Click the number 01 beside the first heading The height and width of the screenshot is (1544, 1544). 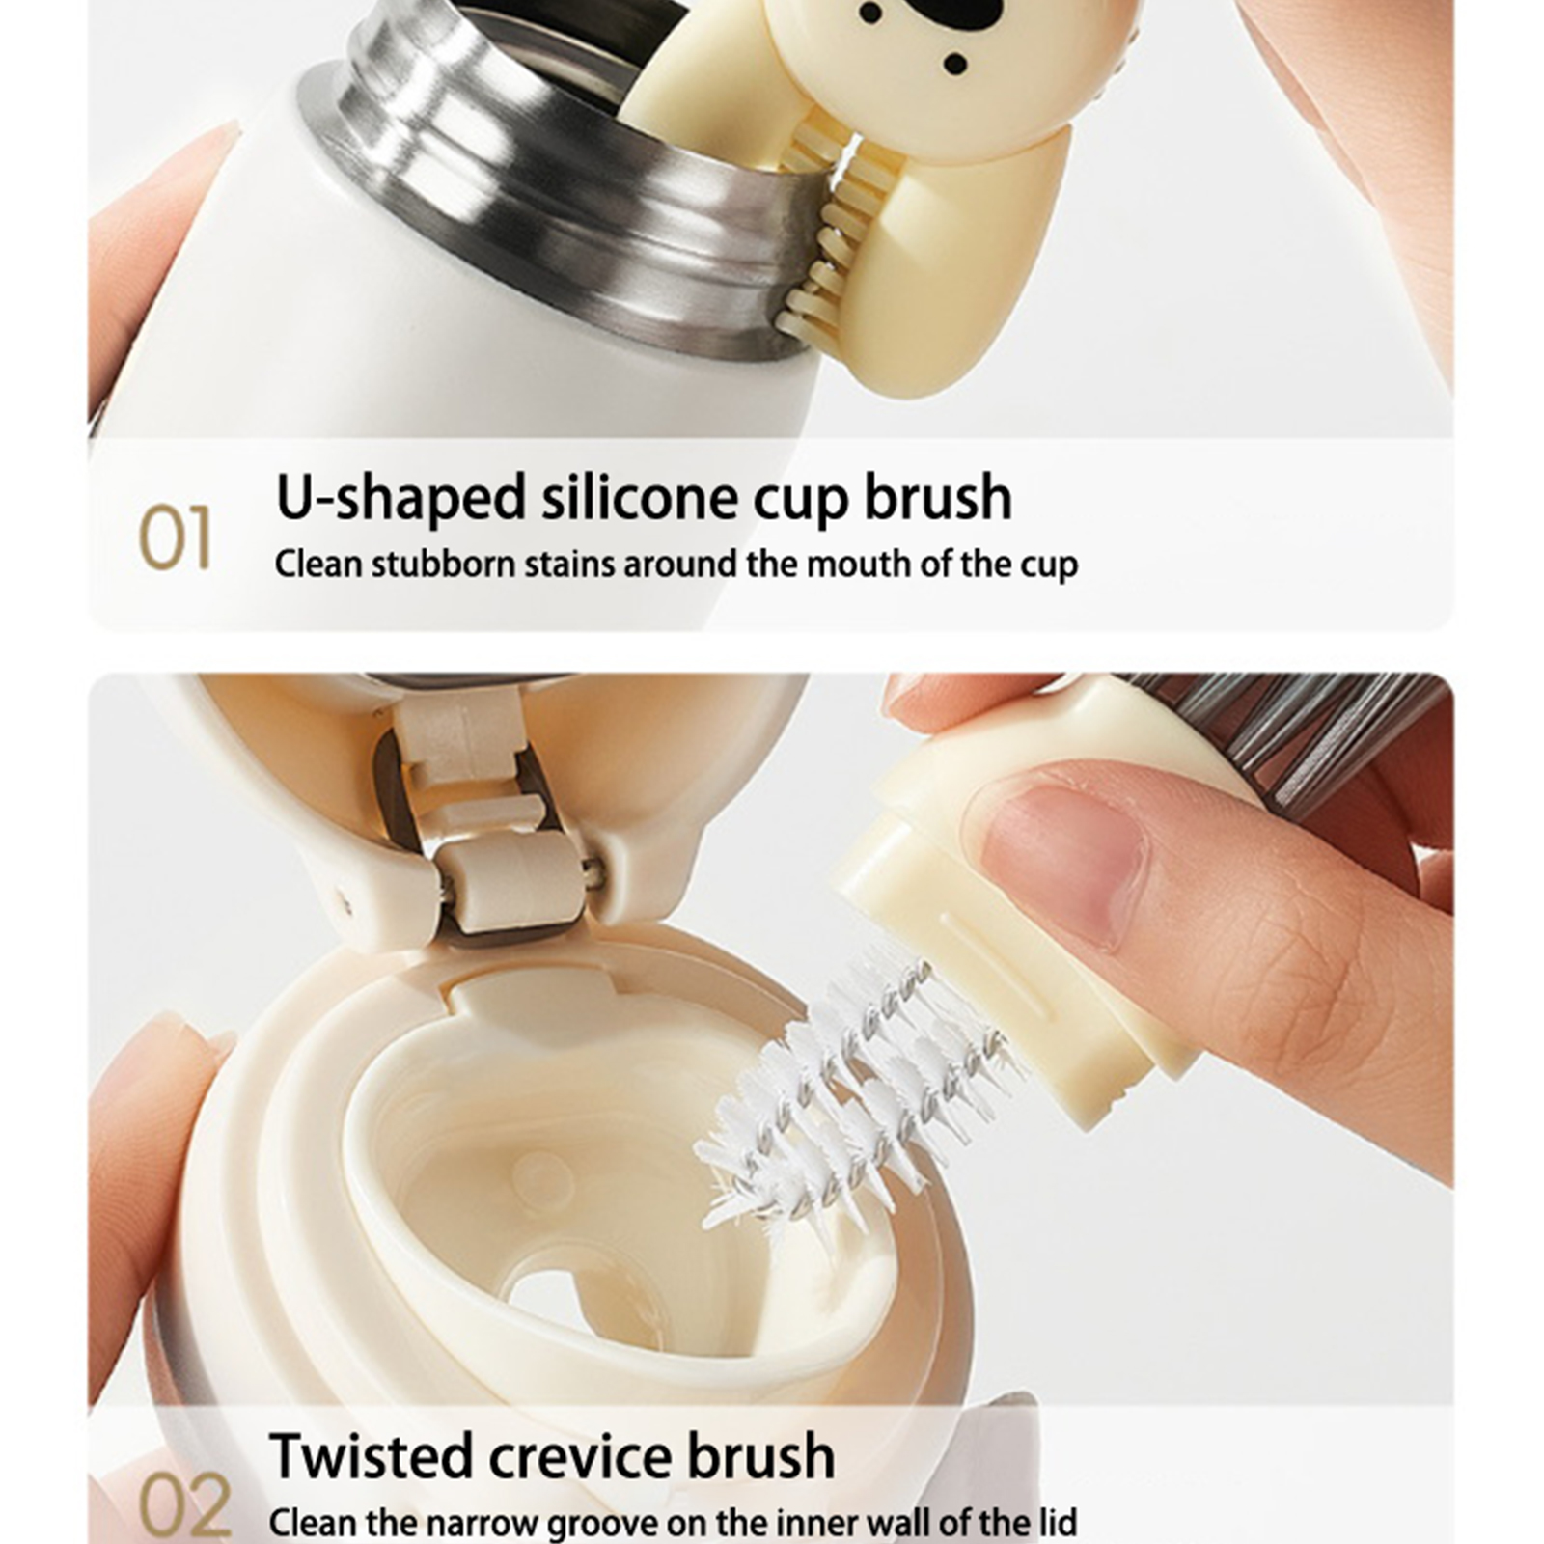tap(175, 538)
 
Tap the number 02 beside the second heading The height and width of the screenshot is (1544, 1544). tap(183, 1506)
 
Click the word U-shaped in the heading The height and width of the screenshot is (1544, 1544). tap(400, 499)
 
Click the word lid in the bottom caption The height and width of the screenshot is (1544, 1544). tap(1053, 1522)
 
